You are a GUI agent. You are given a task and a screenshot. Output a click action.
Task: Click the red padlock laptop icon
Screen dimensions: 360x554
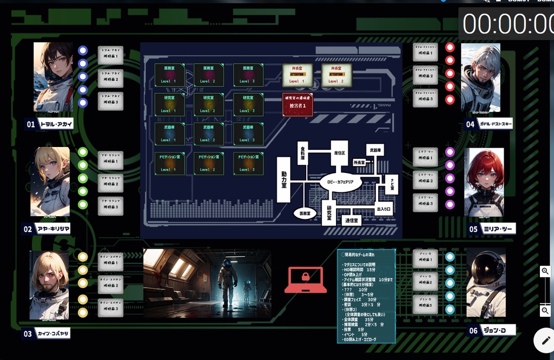tap(305, 280)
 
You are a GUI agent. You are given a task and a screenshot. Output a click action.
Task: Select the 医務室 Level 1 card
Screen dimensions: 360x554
tap(169, 75)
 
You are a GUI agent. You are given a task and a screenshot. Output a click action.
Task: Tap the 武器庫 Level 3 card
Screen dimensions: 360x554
tap(248, 134)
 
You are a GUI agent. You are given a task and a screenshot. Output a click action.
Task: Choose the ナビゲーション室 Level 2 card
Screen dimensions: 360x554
tap(209, 163)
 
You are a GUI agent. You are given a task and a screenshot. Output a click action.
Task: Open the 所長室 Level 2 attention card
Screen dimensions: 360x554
tap(337, 75)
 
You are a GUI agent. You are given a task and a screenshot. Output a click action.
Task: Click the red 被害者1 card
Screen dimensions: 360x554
tap(298, 104)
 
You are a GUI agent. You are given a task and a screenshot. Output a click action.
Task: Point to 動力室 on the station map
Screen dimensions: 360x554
tap(284, 179)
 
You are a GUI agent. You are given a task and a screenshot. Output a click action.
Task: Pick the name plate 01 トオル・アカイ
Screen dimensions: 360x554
tap(49, 124)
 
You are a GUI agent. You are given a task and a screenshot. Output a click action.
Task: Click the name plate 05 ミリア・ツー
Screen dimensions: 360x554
tap(491, 229)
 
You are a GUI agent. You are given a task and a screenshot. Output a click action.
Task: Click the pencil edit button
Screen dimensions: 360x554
tap(543, 340)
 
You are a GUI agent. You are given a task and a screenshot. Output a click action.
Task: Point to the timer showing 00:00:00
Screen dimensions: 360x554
tap(507, 24)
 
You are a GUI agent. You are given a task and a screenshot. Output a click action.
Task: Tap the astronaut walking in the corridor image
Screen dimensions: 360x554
tap(228, 281)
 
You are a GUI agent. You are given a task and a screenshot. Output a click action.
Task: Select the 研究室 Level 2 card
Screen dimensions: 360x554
tap(209, 104)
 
